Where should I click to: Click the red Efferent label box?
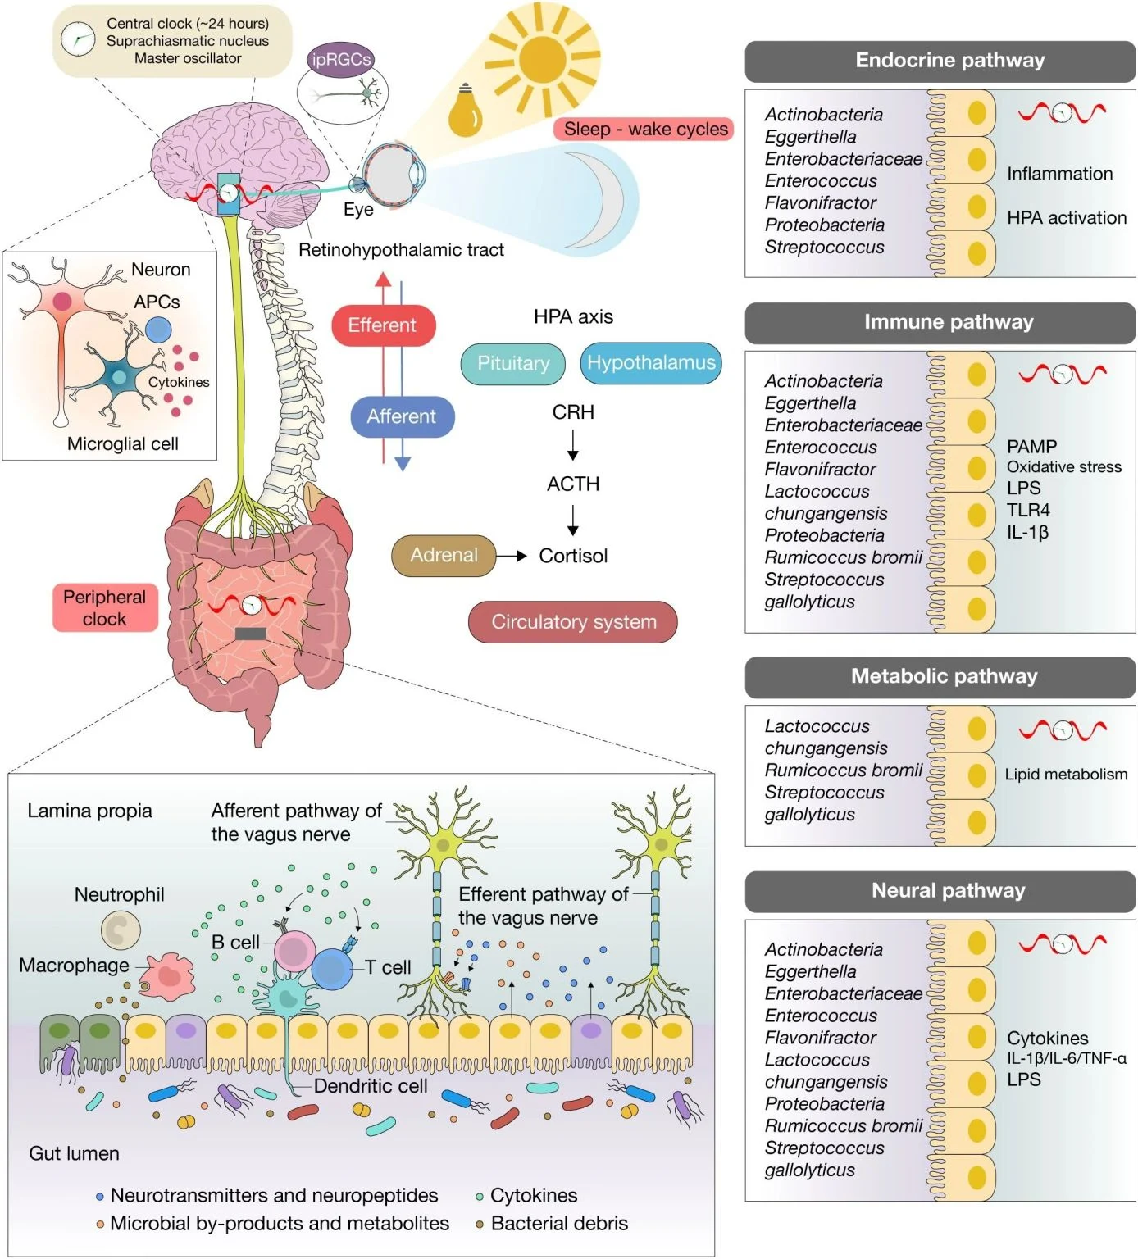pos(383,325)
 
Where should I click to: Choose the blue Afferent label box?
pos(402,416)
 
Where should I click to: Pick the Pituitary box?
pos(513,364)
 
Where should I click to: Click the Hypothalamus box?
pos(651,363)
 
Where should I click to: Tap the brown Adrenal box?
pos(444,556)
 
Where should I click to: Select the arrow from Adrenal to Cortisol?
pos(512,556)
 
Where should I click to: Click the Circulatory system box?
pos(573,622)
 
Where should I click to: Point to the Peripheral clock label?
pos(105,608)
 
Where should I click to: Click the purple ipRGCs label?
pos(341,60)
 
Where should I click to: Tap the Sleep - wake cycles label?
pos(644,130)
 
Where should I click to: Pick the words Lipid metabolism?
pos(1066,775)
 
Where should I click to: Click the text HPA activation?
pos(1066,218)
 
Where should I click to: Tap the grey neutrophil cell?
pos(121,930)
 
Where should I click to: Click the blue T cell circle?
pos(331,969)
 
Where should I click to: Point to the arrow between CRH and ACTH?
pos(573,445)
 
